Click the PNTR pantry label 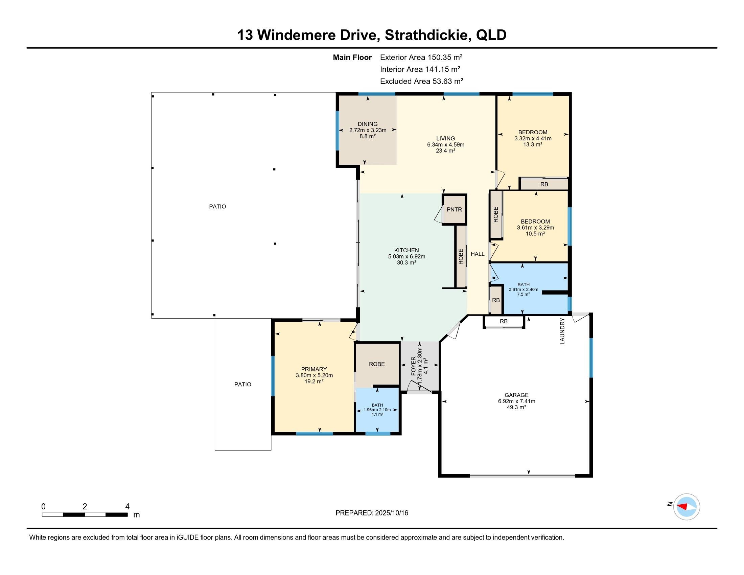click(454, 209)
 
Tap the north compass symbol click(687, 507)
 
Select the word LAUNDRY click(562, 331)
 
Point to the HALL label click(478, 254)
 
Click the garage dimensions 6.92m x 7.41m click(516, 401)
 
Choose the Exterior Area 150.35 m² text click(421, 57)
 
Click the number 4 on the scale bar click(127, 507)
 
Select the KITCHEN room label click(406, 250)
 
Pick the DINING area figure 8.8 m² click(368, 136)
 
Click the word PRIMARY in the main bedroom click(314, 369)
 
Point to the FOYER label click(414, 366)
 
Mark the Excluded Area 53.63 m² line click(422, 81)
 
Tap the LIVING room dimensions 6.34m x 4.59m click(446, 144)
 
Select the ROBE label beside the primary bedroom click(377, 364)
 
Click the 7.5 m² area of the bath click(524, 294)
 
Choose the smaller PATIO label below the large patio click(242, 384)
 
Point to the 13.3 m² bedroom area click(533, 144)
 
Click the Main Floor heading click(352, 57)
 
